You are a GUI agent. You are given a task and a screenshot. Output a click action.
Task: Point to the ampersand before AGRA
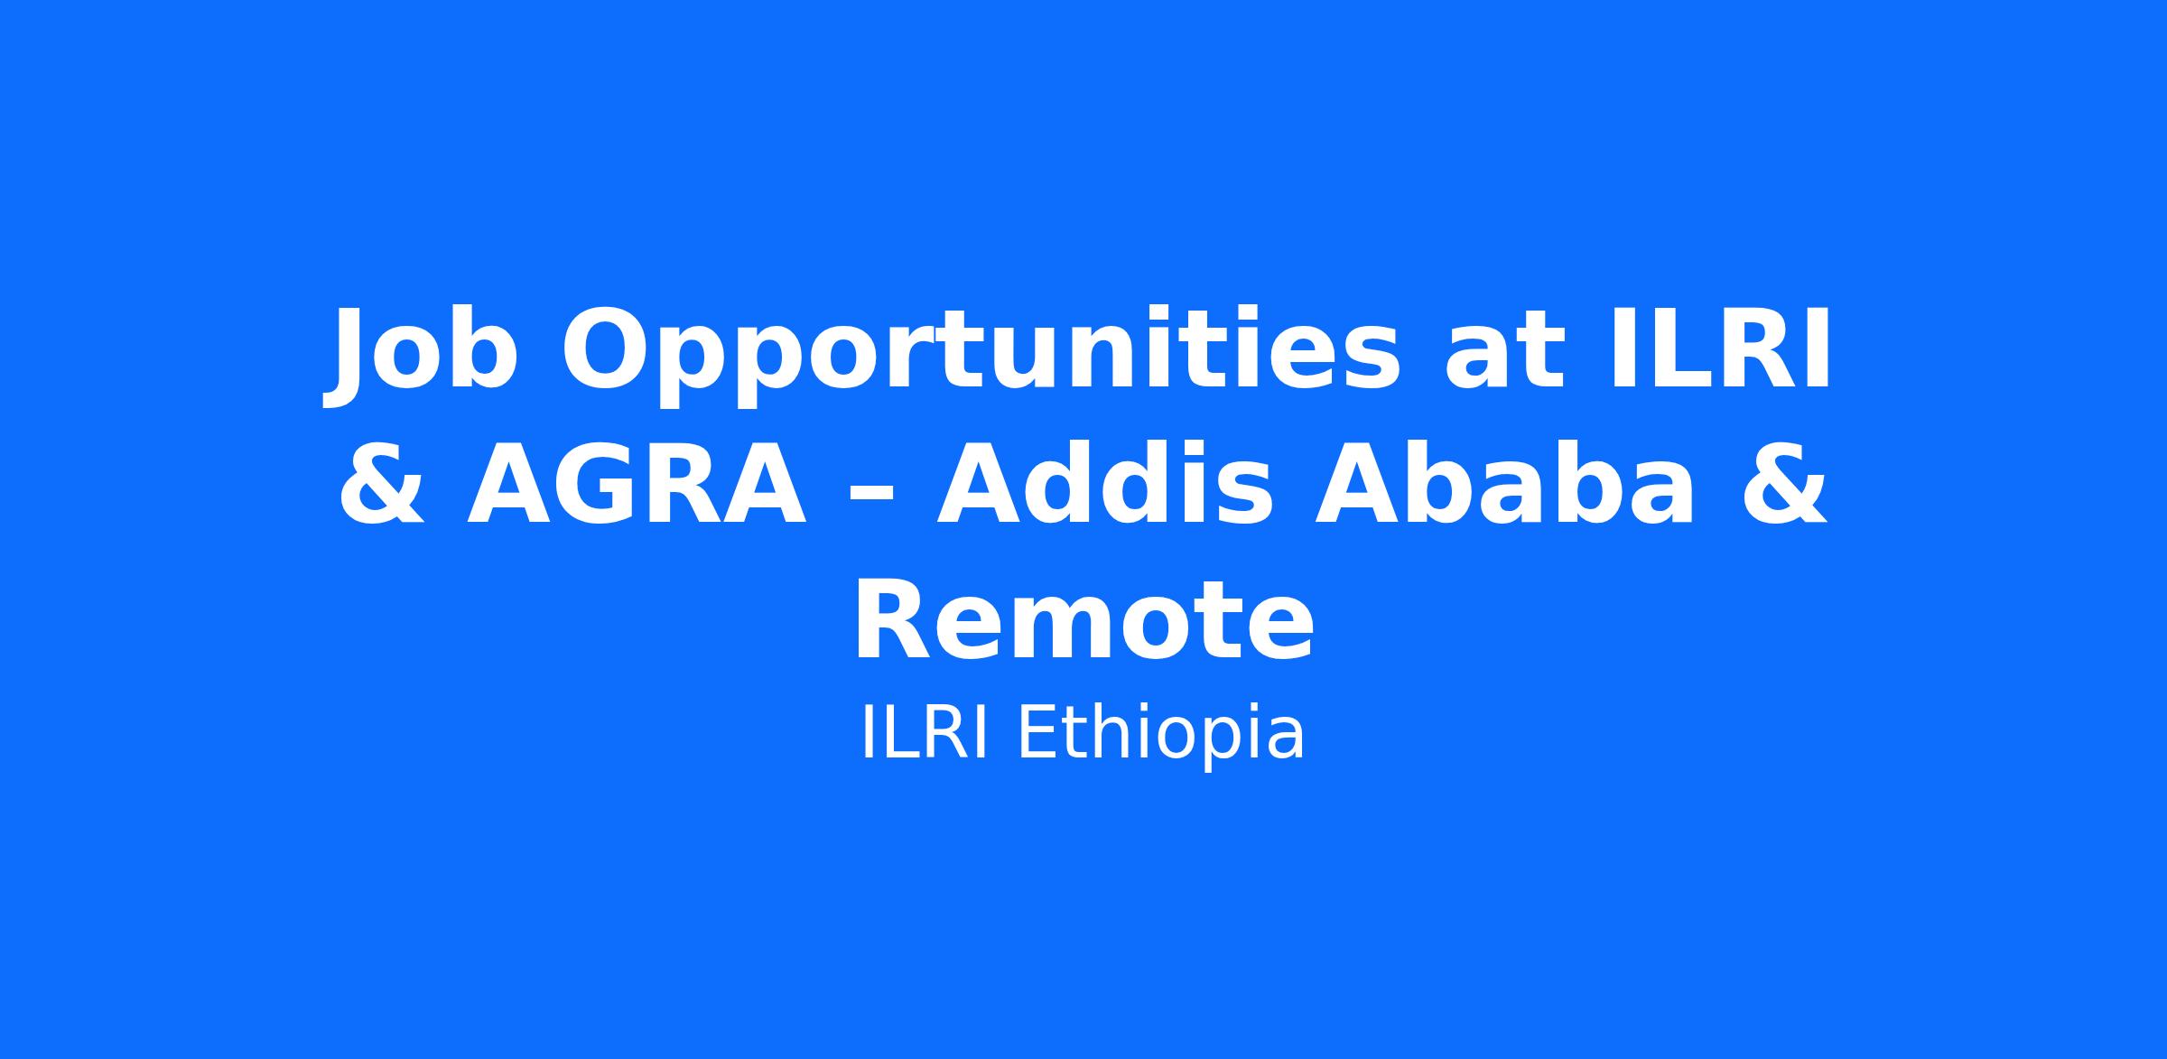[382, 484]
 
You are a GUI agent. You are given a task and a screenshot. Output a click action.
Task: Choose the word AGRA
[637, 484]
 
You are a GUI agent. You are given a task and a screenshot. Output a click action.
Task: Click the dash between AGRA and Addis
[870, 496]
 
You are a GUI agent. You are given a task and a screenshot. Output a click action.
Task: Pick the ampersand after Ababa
[1784, 484]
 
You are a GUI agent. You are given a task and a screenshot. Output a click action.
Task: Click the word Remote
[1083, 620]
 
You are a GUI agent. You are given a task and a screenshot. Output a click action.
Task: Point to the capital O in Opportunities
[606, 349]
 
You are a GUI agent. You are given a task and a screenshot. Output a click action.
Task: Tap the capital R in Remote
[895, 620]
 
